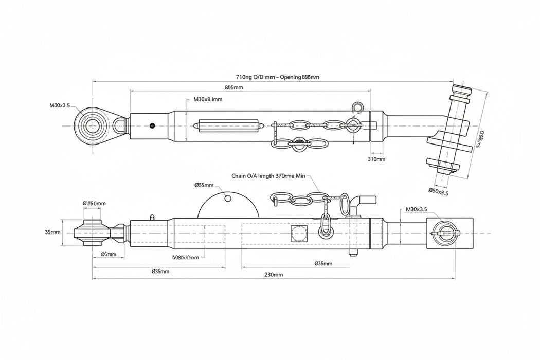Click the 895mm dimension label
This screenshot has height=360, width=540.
[234, 87]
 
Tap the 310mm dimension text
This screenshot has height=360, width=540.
[377, 159]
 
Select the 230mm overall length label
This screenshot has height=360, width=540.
[274, 275]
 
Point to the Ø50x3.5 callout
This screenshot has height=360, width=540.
[438, 192]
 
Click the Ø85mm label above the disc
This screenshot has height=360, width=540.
[204, 185]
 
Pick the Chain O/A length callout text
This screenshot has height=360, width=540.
[268, 176]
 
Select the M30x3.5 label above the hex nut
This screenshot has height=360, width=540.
[416, 209]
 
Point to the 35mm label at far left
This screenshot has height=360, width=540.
[52, 232]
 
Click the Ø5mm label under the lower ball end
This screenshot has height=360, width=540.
[108, 254]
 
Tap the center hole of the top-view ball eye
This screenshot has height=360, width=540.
[93, 126]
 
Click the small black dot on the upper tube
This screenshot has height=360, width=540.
[152, 125]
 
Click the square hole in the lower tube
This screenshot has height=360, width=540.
[298, 232]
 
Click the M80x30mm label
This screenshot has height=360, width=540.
[185, 257]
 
